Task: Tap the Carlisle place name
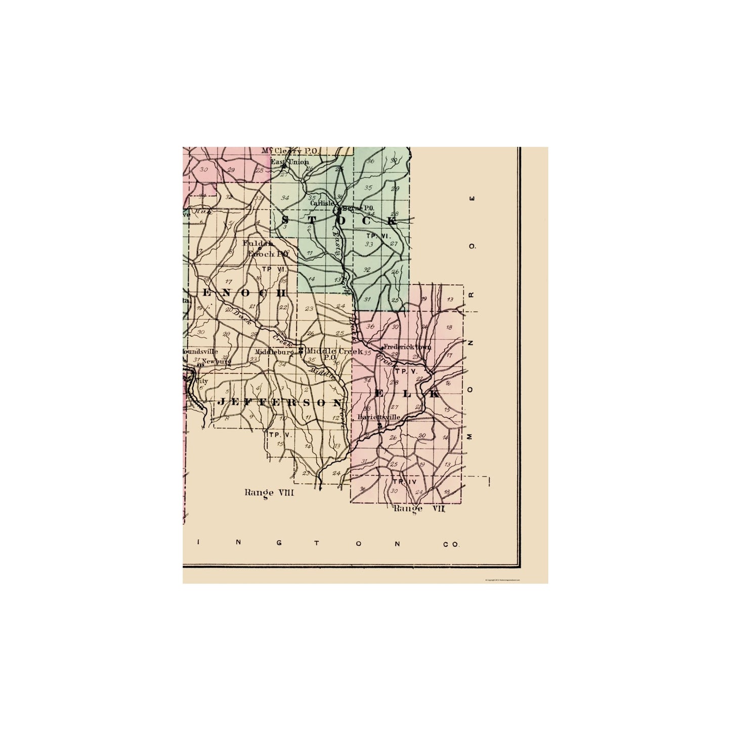tap(322, 203)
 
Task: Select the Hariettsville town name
tap(379, 417)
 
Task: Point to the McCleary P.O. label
tap(289, 151)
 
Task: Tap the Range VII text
tap(419, 508)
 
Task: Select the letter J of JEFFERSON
tap(221, 402)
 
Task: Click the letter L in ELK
tap(407, 394)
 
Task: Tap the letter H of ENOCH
tap(282, 293)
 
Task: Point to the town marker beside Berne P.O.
tap(337, 209)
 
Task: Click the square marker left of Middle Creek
tap(301, 350)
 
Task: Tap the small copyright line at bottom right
tap(502, 580)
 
